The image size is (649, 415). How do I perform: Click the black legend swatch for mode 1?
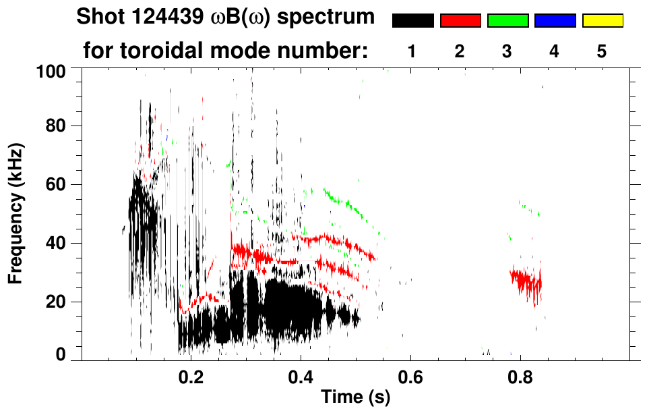click(412, 21)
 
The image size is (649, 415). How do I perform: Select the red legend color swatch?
click(460, 21)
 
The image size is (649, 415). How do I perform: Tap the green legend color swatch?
click(507, 21)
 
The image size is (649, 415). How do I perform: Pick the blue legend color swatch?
click(555, 21)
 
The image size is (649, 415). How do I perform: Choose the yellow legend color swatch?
click(602, 21)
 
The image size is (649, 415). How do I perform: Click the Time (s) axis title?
click(355, 397)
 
